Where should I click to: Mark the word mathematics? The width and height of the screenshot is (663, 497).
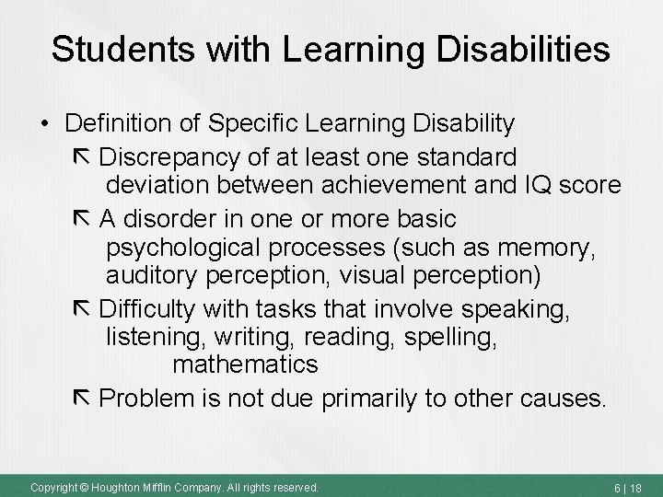245,364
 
